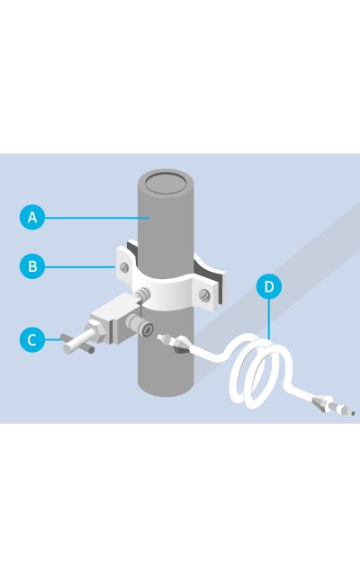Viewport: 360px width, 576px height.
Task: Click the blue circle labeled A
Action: pyautogui.click(x=32, y=217)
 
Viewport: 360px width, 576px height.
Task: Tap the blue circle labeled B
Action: pyautogui.click(x=32, y=266)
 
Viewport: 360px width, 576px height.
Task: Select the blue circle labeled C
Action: pyautogui.click(x=32, y=340)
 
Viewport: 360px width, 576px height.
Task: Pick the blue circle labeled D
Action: pyautogui.click(x=269, y=286)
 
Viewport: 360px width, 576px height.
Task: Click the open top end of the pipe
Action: pyautogui.click(x=166, y=183)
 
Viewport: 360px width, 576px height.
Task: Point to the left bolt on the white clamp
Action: pyautogui.click(x=124, y=266)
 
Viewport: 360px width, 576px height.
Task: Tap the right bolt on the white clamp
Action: pyautogui.click(x=204, y=295)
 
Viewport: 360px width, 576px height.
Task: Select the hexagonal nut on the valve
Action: pyautogui.click(x=96, y=330)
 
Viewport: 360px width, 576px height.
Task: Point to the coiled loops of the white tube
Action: pyautogui.click(x=261, y=371)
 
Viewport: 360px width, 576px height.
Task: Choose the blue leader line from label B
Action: pyautogui.click(x=80, y=266)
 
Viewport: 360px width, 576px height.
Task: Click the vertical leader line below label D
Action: pyautogui.click(x=269, y=319)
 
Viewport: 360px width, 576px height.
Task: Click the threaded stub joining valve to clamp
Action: pyautogui.click(x=143, y=294)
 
